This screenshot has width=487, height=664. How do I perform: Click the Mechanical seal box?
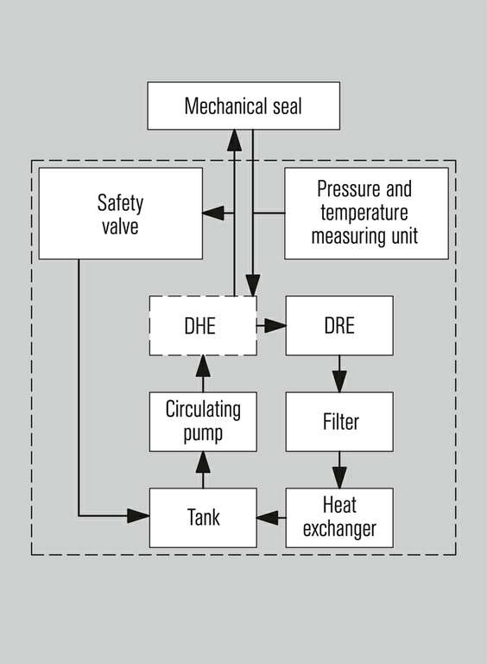(244, 105)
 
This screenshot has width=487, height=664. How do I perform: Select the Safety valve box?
(121, 214)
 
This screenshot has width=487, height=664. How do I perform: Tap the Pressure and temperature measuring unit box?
(366, 214)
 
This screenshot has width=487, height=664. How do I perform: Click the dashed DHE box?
(203, 326)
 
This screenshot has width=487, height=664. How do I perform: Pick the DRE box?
(339, 326)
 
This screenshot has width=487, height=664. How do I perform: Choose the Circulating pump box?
(203, 422)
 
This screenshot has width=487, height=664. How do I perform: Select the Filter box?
(339, 422)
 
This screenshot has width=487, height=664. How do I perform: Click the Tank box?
(203, 518)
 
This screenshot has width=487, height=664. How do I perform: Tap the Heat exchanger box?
(339, 518)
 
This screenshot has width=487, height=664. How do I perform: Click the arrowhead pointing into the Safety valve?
(213, 213)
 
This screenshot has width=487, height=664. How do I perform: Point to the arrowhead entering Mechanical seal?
(234, 141)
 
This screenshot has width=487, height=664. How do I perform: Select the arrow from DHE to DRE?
(271, 326)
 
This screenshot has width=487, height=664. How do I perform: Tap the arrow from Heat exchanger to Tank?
(271, 518)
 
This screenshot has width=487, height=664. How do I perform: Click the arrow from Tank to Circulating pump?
(203, 470)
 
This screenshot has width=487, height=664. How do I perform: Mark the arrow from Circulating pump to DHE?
(203, 373)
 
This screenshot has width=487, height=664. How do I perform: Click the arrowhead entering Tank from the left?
(138, 516)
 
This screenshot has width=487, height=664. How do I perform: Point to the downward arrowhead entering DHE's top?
(253, 285)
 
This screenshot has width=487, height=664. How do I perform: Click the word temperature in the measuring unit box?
(364, 213)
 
